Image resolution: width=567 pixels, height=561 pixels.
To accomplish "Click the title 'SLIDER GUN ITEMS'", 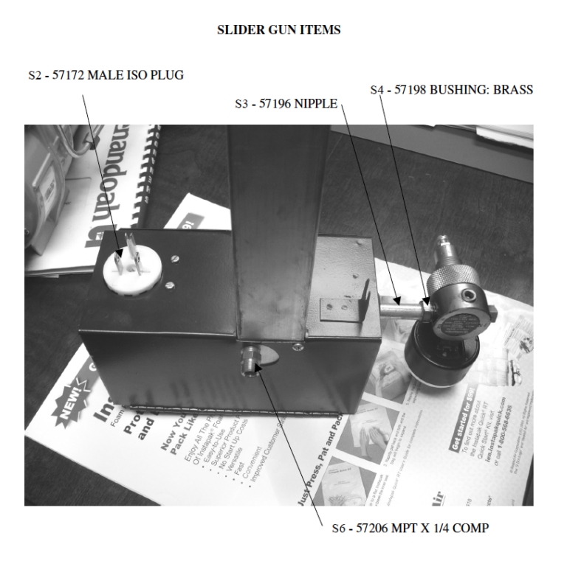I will tap(278, 30).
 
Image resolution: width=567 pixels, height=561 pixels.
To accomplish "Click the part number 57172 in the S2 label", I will tap(69, 75).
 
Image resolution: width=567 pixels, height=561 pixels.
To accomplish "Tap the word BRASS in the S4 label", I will tap(512, 90).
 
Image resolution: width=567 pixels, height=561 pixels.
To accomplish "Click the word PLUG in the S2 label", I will tap(168, 75).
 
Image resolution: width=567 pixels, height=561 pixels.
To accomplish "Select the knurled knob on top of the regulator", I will tap(450, 279).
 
